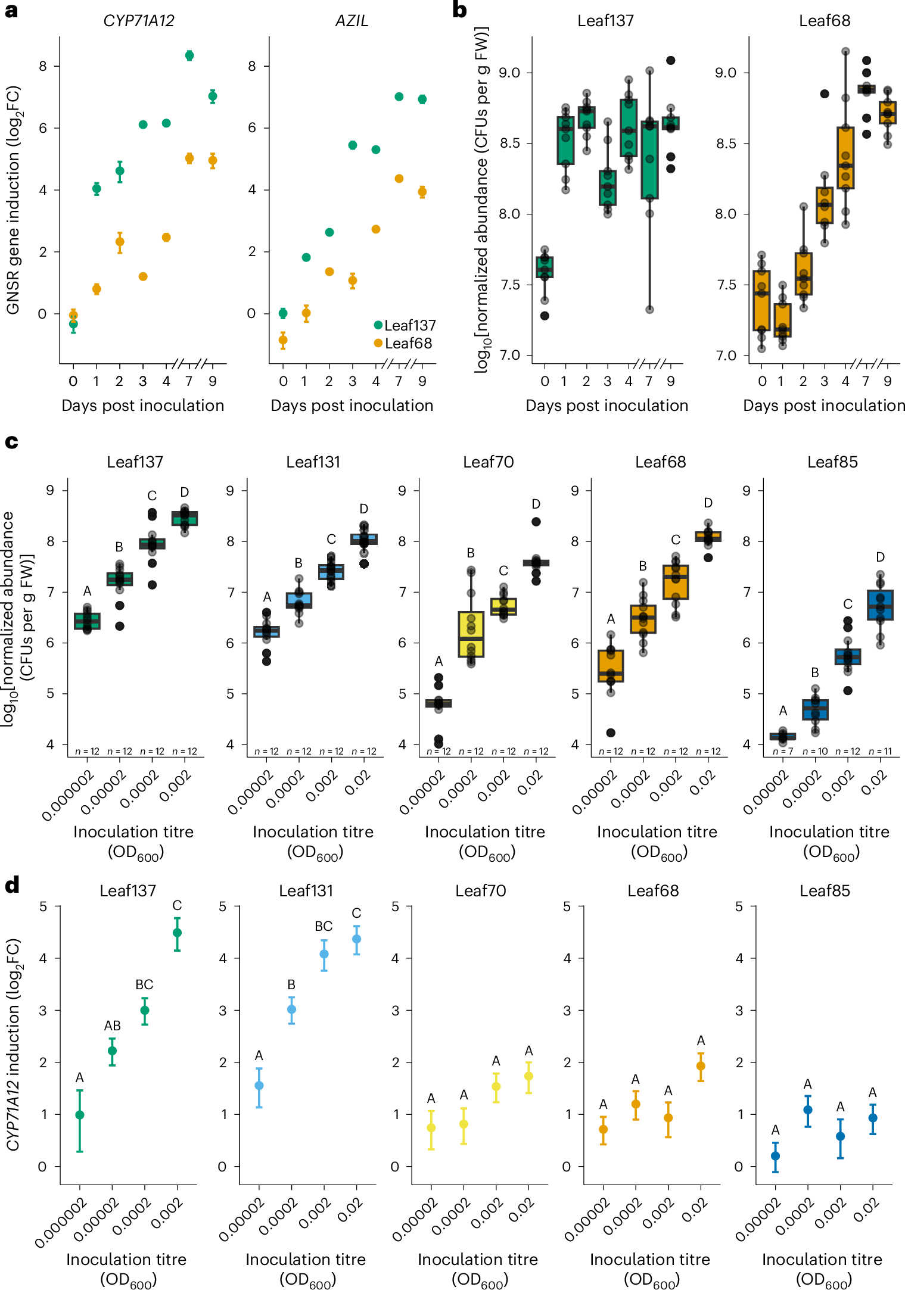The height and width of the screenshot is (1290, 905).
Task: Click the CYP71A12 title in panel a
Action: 139,21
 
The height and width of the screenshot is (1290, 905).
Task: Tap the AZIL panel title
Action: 352,21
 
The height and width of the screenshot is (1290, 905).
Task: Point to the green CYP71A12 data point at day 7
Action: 189,55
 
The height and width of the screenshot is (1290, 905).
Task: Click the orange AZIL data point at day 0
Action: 283,340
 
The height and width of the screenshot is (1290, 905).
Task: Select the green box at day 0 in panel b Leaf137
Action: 545,267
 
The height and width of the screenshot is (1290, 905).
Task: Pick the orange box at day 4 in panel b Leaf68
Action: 845,158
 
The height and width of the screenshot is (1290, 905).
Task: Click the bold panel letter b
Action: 459,10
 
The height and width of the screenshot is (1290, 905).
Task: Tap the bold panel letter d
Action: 12,886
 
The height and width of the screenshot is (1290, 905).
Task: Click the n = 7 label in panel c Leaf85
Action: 783,752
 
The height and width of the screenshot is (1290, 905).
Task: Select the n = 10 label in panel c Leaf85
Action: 815,752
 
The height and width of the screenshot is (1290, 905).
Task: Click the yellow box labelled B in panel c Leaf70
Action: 471,634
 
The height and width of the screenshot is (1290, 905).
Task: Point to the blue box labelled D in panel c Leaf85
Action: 880,605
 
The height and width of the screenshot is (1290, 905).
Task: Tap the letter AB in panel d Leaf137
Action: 112,1026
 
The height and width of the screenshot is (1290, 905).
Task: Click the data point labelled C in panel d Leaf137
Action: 177,933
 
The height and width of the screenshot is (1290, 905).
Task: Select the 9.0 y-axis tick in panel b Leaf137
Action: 509,73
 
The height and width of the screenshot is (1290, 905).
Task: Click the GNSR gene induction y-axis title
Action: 13,200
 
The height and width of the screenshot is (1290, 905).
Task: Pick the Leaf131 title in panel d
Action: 306,891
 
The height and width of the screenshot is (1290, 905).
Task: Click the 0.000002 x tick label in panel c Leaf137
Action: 68,796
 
